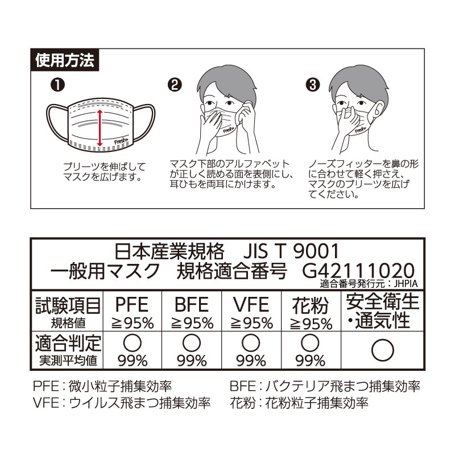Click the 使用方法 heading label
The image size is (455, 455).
[x=65, y=60]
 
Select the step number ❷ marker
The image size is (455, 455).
[x=175, y=85]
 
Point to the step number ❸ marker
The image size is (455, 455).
[x=312, y=85]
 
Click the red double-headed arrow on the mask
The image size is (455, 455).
[x=100, y=127]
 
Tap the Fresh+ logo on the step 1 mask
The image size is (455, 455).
[x=121, y=140]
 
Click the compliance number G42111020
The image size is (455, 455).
[x=358, y=270]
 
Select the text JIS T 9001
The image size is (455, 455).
[x=291, y=251]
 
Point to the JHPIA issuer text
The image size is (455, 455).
[x=406, y=283]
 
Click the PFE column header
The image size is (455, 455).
[x=132, y=304]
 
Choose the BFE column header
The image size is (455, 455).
[x=192, y=304]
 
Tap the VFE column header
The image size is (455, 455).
[x=251, y=304]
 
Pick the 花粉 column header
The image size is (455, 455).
[x=310, y=305]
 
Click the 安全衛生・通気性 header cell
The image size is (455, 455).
[x=383, y=311]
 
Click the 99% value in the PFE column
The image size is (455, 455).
[x=133, y=361]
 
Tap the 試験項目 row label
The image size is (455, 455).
[x=68, y=305]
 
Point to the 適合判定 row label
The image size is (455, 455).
[x=68, y=343]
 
